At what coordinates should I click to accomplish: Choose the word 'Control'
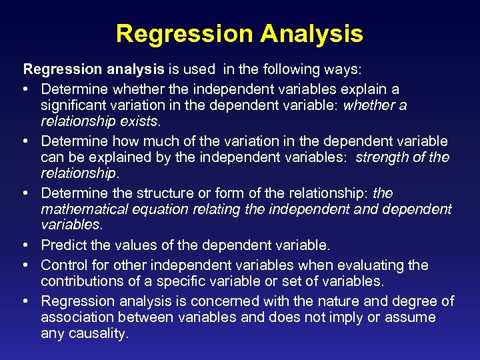click(x=63, y=265)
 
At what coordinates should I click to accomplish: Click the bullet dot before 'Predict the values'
click(x=27, y=246)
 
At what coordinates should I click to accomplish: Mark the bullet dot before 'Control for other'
click(x=27, y=265)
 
